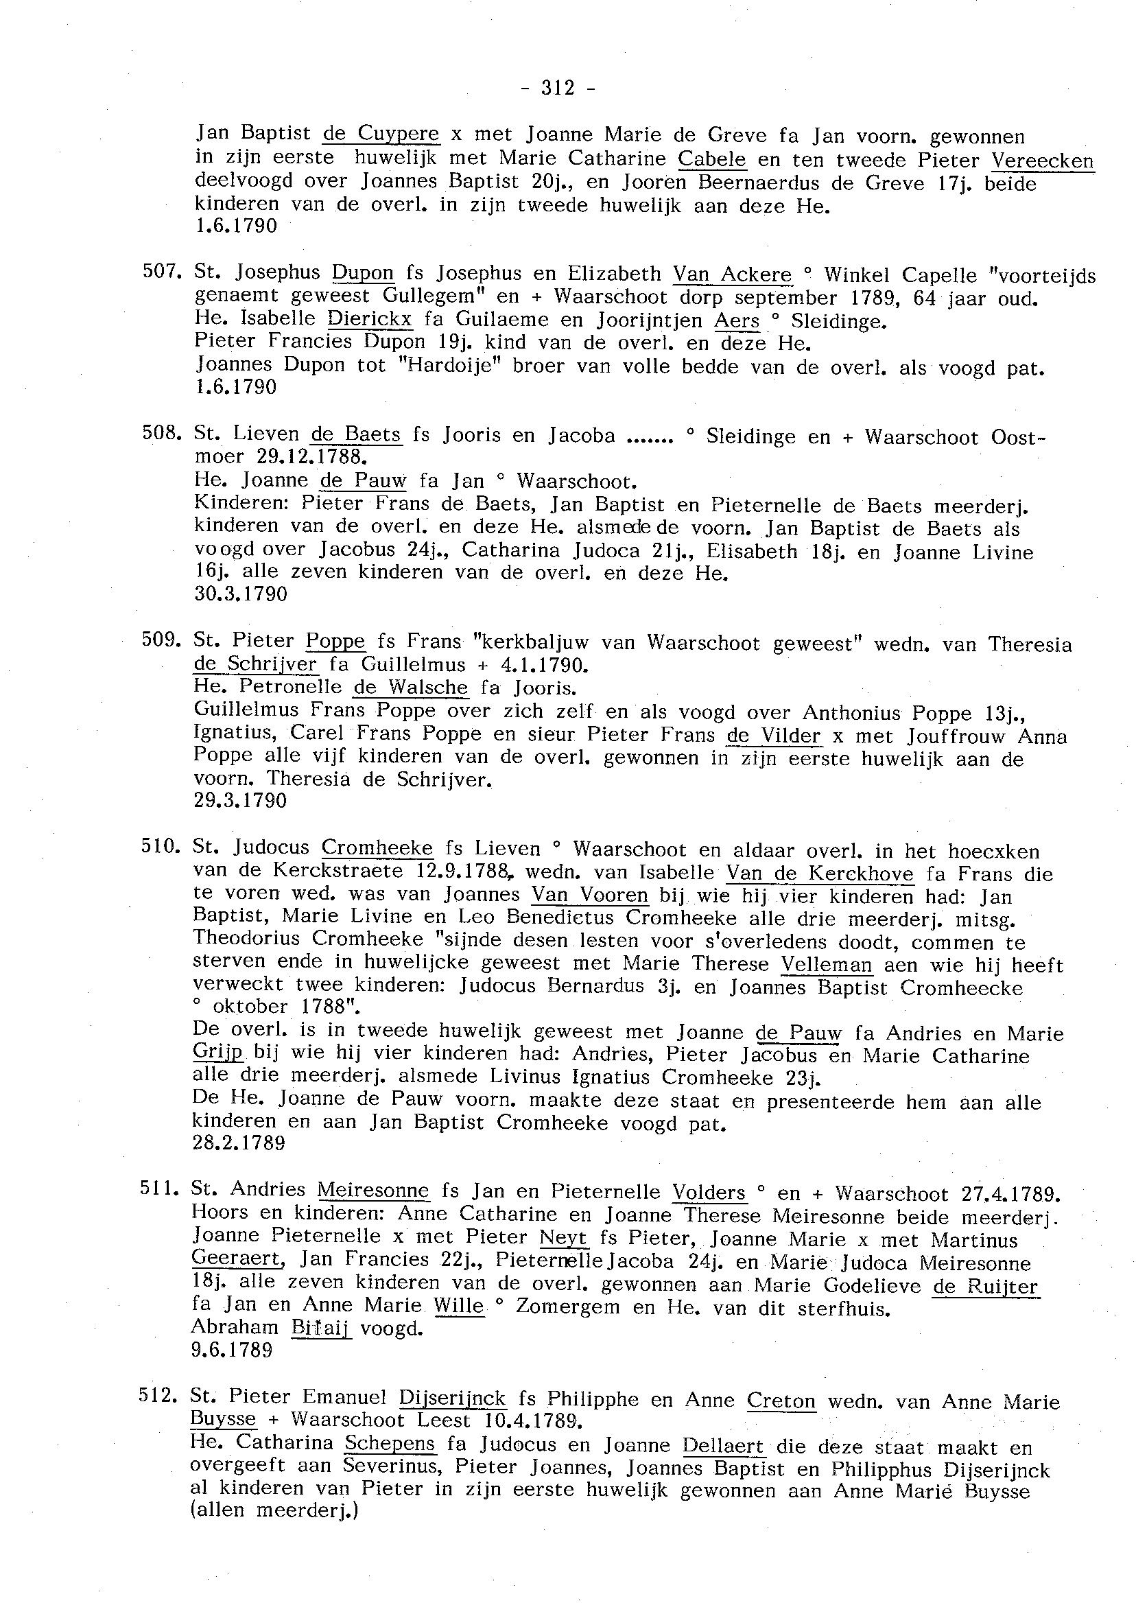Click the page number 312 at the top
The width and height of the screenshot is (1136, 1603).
[x=558, y=88]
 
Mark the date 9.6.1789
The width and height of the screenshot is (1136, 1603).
[x=231, y=1350]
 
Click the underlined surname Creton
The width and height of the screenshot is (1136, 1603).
[x=781, y=1399]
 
